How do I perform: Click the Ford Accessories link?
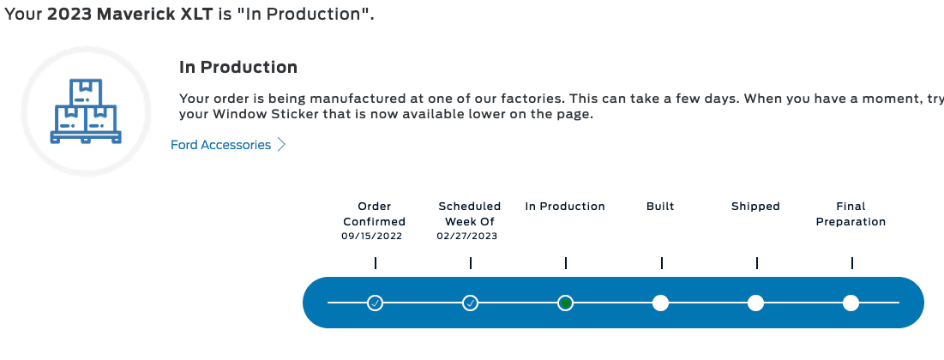221,145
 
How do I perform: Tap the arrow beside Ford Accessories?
281,145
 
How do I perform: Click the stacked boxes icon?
86,111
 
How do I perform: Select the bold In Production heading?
238,67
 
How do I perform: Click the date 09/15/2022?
371,236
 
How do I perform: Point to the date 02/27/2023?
467,236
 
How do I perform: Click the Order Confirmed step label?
374,213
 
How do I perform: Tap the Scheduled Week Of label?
470,213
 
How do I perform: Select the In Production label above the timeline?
565,207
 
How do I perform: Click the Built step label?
660,207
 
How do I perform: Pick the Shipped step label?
755,207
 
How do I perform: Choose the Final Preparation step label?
851,213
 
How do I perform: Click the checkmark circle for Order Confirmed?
375,303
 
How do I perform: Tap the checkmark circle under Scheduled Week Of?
470,303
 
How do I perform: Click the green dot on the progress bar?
565,303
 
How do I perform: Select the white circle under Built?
660,303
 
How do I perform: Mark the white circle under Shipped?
755,303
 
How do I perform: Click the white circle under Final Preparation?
851,303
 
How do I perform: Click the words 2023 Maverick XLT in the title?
130,15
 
